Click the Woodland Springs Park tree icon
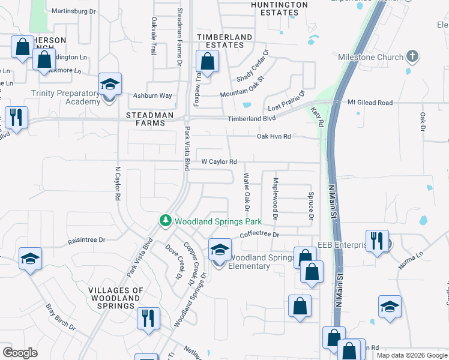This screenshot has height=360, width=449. click(166, 221)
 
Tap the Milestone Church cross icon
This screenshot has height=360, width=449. click(412, 57)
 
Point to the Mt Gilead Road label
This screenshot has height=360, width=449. click(370, 103)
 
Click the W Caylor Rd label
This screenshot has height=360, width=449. click(219, 161)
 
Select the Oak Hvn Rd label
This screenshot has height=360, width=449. click(274, 137)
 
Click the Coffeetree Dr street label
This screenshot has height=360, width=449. click(260, 235)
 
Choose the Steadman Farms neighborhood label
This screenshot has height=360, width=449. click(145, 119)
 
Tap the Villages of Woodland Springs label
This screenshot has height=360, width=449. click(116, 298)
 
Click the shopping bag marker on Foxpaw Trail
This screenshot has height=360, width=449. click(207, 62)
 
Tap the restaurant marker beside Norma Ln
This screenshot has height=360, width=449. click(377, 242)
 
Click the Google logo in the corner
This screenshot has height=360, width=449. click(20, 353)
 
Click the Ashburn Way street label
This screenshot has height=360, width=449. click(152, 95)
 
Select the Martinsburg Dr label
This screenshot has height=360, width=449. click(74, 11)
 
